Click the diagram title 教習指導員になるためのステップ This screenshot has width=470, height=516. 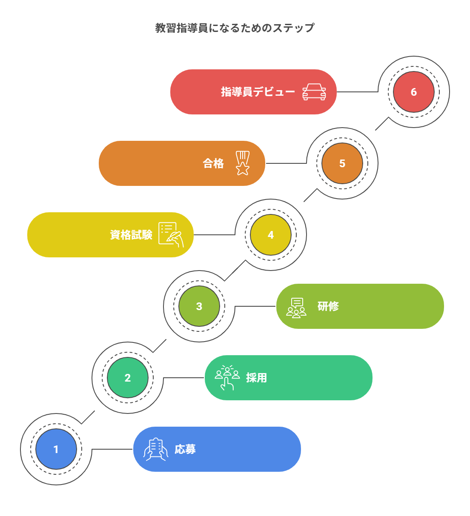(235, 28)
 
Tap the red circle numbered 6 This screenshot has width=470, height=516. (413, 92)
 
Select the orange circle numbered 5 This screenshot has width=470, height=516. (342, 163)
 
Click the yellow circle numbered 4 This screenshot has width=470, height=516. (270, 235)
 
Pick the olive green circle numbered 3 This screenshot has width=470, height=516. (199, 306)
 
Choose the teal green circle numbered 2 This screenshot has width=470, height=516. (127, 378)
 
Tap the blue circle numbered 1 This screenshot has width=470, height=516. (56, 449)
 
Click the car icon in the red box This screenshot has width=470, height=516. (314, 92)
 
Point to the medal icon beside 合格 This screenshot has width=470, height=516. (243, 163)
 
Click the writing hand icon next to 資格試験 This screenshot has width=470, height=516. (171, 234)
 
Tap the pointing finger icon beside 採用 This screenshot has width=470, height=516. (227, 377)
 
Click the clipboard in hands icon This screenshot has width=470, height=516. (156, 449)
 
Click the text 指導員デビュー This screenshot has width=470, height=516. (258, 92)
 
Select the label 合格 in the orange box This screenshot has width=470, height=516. (213, 163)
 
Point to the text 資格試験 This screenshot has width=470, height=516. (131, 235)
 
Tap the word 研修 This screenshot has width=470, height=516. (328, 306)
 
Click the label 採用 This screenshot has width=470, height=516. (257, 378)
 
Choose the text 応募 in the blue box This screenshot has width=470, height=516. (185, 449)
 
